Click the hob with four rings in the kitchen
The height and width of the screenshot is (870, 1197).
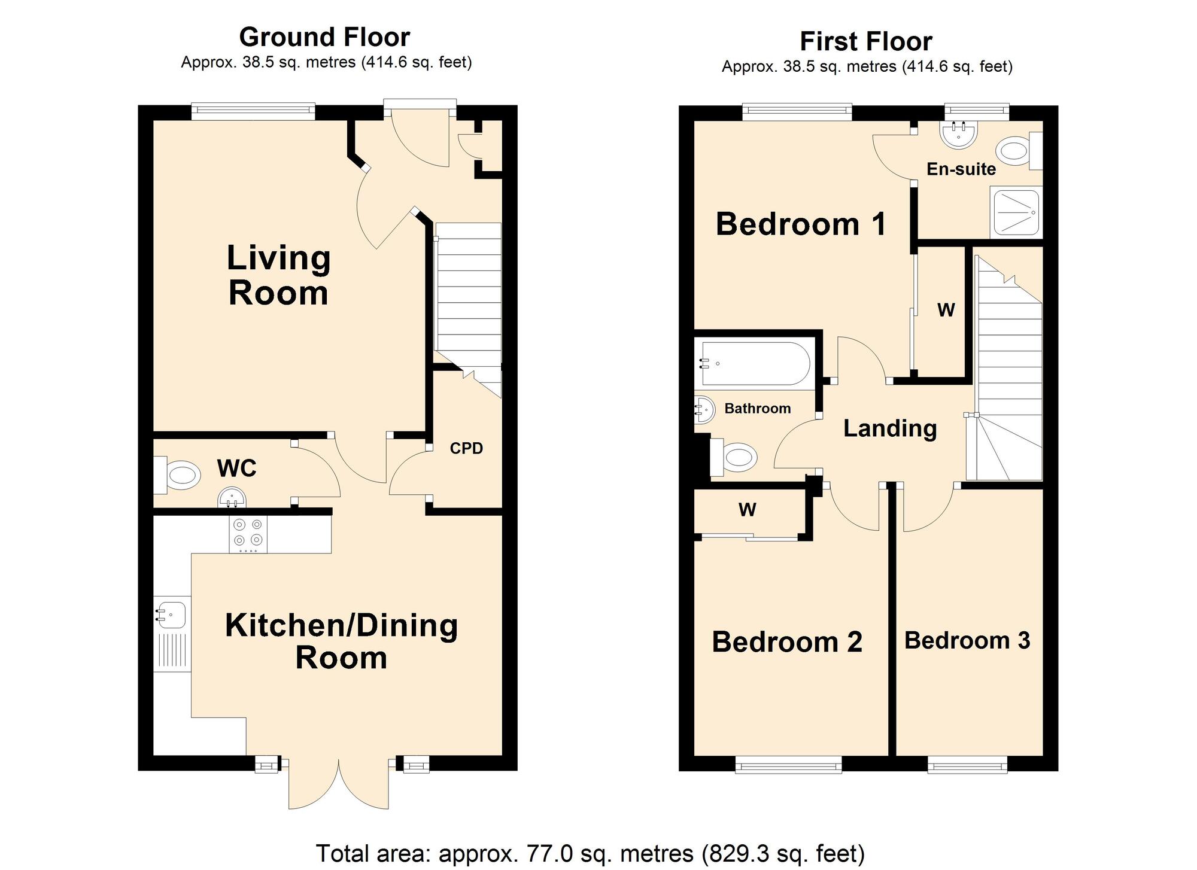(x=248, y=533)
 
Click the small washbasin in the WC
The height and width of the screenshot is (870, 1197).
(x=232, y=497)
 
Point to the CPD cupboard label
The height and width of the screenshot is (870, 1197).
(x=466, y=448)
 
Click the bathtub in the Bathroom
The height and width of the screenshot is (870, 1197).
(x=756, y=363)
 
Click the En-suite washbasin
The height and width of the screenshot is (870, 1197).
(x=958, y=133)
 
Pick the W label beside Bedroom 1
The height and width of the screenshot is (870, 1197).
(x=946, y=310)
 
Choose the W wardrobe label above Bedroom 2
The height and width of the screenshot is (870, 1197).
(x=747, y=510)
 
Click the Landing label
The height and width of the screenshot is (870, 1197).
(x=890, y=428)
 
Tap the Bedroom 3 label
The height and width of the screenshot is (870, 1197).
(x=967, y=640)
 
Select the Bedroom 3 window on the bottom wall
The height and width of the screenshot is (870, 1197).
(x=967, y=765)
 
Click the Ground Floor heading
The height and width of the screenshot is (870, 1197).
(x=324, y=37)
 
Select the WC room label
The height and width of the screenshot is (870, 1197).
(x=237, y=469)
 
